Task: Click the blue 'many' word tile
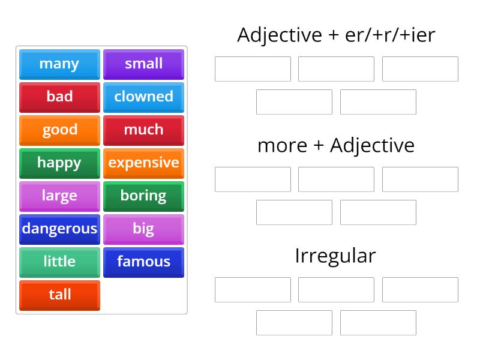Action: (x=59, y=64)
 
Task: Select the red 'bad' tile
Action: (x=59, y=97)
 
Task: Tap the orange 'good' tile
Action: (x=59, y=130)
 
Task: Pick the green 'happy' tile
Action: (x=59, y=163)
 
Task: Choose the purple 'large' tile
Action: (x=59, y=196)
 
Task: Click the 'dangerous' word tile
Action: (x=59, y=229)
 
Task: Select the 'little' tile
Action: (x=59, y=262)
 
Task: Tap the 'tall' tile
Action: (x=59, y=295)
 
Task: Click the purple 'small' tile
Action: (x=143, y=64)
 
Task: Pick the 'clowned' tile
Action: (x=143, y=97)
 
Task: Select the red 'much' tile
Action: (x=143, y=130)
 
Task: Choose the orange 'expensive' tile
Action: (x=143, y=163)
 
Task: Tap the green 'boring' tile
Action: (x=143, y=196)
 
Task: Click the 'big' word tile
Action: (x=143, y=229)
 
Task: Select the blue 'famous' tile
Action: (x=143, y=262)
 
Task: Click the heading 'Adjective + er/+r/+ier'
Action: (x=336, y=35)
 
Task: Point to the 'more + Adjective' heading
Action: (x=336, y=145)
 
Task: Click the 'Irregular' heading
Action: (x=336, y=256)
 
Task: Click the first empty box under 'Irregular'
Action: (x=253, y=290)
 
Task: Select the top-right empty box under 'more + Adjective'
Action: (x=420, y=179)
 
